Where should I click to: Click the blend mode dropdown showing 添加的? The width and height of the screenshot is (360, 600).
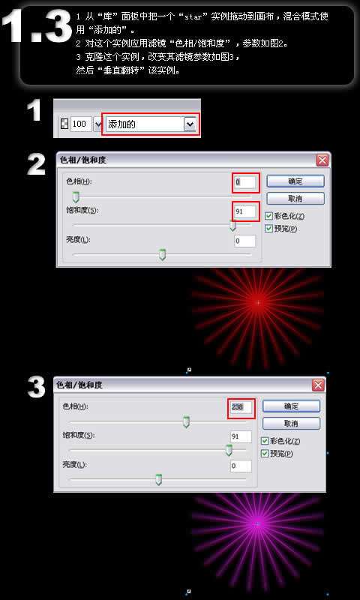click(151, 124)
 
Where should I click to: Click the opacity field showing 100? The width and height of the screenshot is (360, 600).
click(81, 124)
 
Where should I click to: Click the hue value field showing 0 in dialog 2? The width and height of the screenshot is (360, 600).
click(245, 182)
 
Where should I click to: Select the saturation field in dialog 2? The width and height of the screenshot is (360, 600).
click(245, 211)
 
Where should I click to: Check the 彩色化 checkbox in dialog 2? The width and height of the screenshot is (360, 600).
click(269, 216)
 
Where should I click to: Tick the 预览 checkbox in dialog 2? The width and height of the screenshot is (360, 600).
click(269, 229)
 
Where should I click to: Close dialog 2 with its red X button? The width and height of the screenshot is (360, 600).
click(322, 160)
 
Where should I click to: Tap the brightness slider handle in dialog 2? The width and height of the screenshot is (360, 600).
click(162, 254)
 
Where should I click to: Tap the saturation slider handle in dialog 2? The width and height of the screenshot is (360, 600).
click(232, 226)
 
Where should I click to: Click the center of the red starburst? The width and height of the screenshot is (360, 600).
click(258, 303)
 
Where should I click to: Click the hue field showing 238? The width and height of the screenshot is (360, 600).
click(241, 407)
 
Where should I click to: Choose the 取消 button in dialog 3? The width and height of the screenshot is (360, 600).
click(291, 424)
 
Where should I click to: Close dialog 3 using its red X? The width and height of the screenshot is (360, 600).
click(318, 385)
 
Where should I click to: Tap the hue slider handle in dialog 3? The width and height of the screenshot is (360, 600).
click(186, 422)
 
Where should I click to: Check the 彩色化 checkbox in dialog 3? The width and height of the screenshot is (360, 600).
click(265, 441)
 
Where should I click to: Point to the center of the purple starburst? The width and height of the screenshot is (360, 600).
click(258, 524)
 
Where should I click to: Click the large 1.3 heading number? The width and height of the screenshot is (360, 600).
click(37, 26)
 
